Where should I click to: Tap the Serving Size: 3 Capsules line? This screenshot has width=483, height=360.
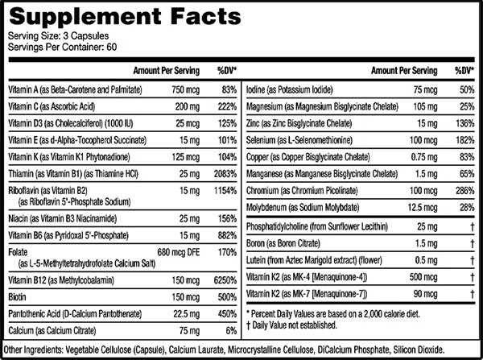tap(54, 37)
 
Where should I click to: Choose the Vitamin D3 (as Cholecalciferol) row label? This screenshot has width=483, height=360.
tap(66, 126)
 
